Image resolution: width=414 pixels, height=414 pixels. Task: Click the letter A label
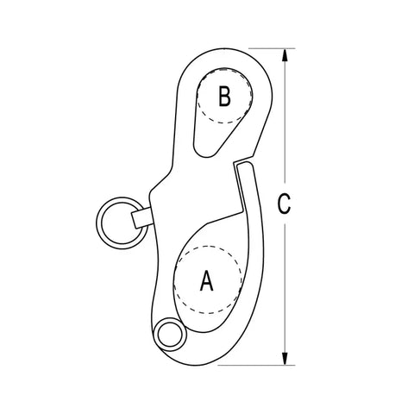point(207,280)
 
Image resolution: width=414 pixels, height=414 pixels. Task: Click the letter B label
point(224,96)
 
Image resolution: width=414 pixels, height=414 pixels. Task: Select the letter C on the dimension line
point(284,204)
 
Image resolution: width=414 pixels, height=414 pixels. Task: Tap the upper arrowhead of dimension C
point(285,54)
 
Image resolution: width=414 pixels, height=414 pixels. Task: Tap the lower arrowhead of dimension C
point(285,359)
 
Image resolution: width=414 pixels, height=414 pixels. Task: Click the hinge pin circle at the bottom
point(170,335)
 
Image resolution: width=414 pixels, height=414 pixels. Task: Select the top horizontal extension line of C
point(272,48)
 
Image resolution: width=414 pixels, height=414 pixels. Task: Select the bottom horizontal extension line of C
point(256,366)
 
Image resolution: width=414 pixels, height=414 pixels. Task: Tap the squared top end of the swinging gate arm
point(244,166)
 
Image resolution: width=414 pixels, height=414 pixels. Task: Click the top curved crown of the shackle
point(224,49)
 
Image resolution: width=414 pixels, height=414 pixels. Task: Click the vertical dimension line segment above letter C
point(285,121)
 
